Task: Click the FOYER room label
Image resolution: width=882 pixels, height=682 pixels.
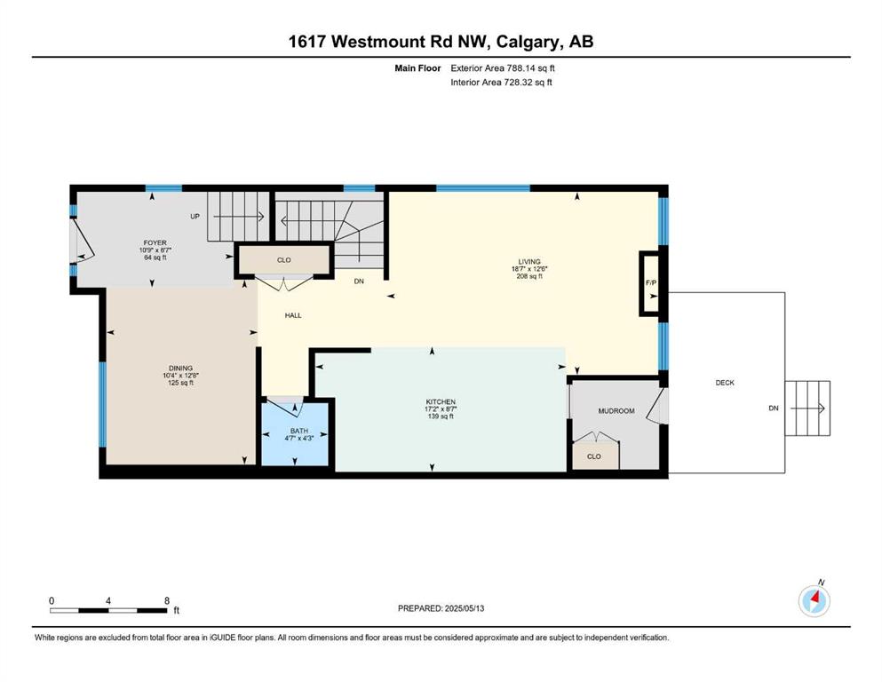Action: (x=155, y=243)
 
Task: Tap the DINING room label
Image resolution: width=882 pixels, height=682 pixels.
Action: (x=180, y=369)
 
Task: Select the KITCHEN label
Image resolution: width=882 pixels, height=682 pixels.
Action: (x=441, y=402)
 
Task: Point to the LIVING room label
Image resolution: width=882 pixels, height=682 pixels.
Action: (x=529, y=261)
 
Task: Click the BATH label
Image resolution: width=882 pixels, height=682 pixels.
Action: (x=299, y=431)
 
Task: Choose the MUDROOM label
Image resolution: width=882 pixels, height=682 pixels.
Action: (x=616, y=411)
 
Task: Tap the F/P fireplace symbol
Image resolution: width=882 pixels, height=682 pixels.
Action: (x=651, y=282)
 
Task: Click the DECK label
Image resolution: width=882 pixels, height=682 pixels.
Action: (x=725, y=383)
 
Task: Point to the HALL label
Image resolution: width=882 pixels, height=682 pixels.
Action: (x=293, y=315)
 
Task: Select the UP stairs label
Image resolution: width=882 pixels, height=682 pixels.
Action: (x=195, y=217)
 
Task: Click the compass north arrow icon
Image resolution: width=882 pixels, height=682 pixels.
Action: (x=814, y=600)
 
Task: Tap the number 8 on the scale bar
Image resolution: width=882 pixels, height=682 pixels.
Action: (x=166, y=600)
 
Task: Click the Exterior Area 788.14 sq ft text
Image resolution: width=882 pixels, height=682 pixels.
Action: (x=503, y=68)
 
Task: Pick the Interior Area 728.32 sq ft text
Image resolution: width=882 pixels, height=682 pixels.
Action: (x=501, y=82)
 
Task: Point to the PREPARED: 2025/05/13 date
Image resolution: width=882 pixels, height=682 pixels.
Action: (x=441, y=608)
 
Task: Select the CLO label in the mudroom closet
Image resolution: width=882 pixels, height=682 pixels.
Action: (x=594, y=456)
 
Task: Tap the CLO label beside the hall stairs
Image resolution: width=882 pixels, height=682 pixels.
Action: (x=284, y=260)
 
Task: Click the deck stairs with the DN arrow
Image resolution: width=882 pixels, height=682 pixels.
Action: (x=807, y=408)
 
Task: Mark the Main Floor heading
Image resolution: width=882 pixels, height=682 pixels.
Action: (x=417, y=68)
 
